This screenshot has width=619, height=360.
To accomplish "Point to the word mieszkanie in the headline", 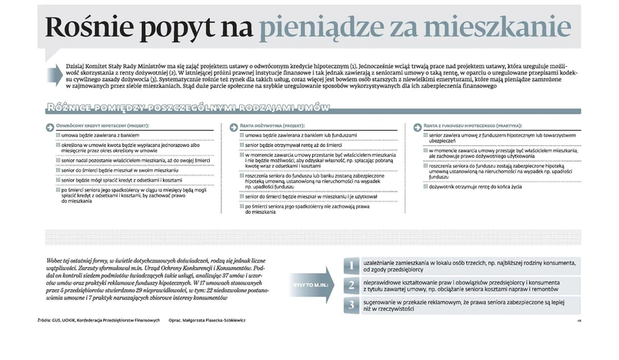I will (x=505, y=28).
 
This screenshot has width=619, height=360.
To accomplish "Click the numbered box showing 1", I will (x=350, y=266).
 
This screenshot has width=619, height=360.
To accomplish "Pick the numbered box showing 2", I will (x=350, y=286).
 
